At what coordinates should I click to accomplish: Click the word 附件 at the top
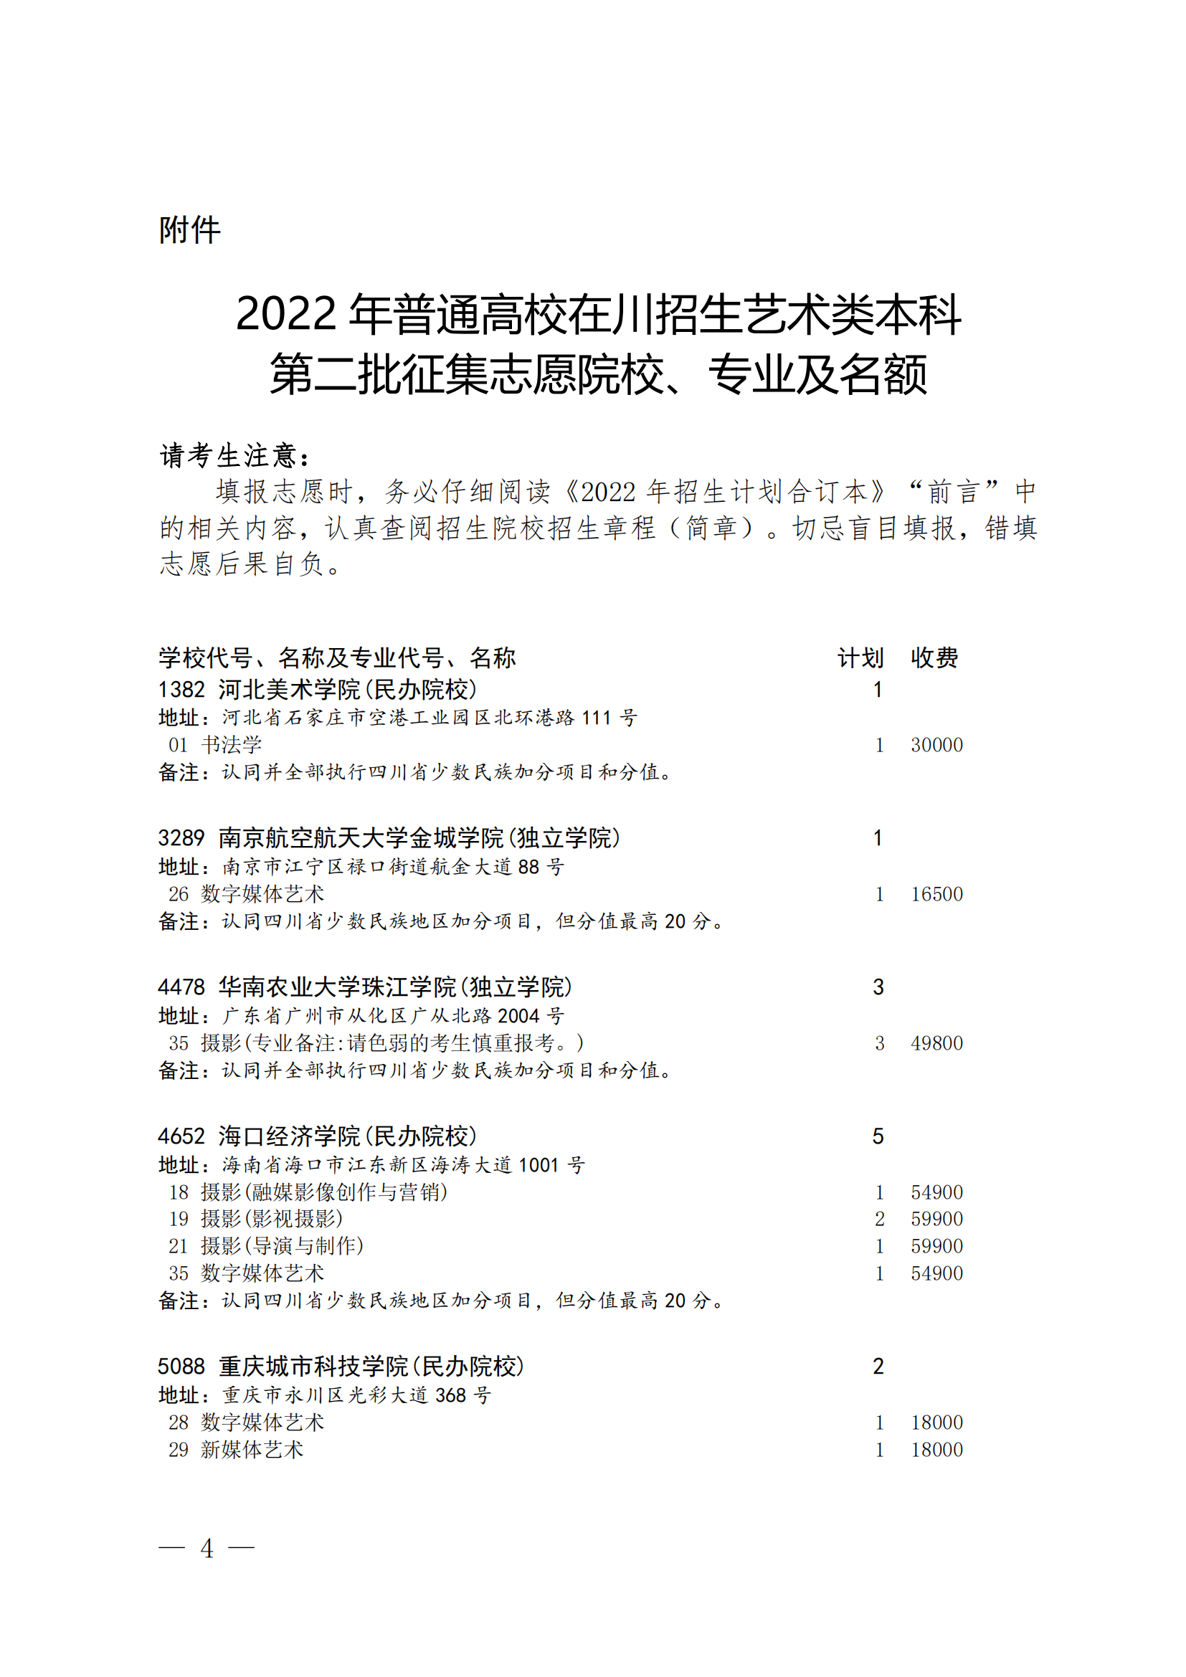click(189, 230)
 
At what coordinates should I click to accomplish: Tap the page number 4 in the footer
click(207, 1548)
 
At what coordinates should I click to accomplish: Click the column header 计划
click(860, 658)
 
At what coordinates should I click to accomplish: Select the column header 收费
click(934, 658)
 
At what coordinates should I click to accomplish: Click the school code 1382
click(181, 690)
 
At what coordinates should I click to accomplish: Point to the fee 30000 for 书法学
click(936, 745)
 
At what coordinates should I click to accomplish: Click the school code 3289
click(181, 837)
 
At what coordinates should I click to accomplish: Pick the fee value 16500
click(936, 894)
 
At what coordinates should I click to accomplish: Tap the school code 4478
click(181, 987)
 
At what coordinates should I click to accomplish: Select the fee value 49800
click(936, 1043)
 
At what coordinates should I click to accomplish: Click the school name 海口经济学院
click(289, 1136)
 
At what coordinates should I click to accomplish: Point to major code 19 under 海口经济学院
click(179, 1219)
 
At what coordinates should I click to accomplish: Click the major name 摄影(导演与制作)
click(282, 1246)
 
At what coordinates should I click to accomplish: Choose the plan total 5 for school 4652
click(878, 1136)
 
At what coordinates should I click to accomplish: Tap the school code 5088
click(181, 1367)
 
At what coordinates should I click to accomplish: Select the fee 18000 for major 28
click(936, 1422)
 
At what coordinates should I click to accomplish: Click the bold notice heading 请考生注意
click(234, 456)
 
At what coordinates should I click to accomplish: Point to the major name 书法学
click(231, 745)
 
